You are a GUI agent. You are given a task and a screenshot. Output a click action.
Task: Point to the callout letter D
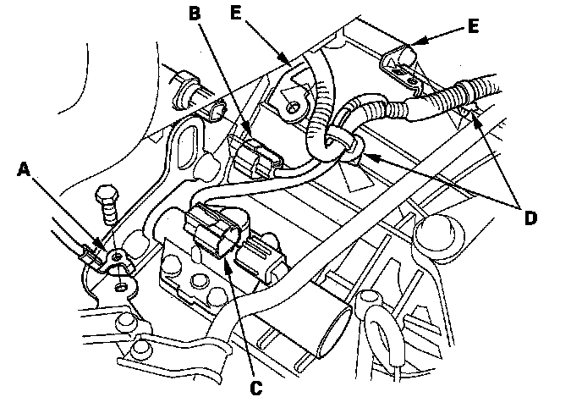click(530, 218)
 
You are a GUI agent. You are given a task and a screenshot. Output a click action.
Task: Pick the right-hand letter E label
click(473, 26)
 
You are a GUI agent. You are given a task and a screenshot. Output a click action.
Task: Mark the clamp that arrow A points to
click(113, 257)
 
